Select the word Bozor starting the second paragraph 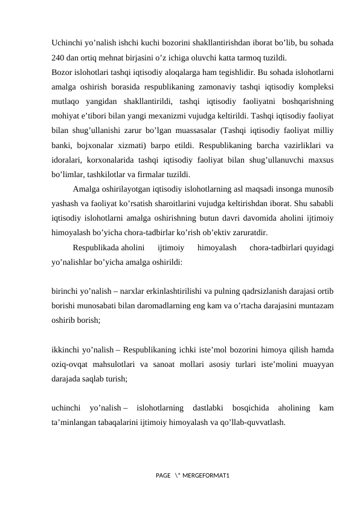pos(62,73)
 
